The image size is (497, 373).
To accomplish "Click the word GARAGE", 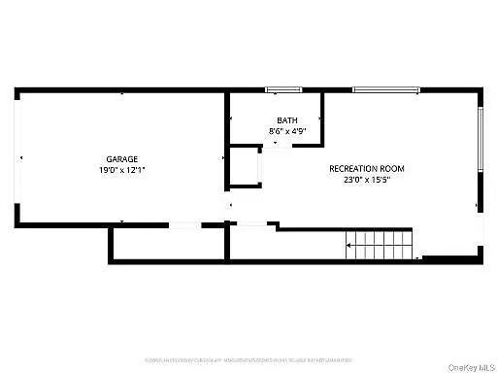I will coord(122,158).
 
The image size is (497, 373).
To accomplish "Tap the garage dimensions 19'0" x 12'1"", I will coord(122,170).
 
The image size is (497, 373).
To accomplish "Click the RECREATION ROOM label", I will coord(367,168).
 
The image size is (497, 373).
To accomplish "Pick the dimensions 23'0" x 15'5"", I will coord(367,180).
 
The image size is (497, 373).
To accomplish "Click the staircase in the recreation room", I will coord(381,244).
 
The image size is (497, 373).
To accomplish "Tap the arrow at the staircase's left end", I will coord(349,246).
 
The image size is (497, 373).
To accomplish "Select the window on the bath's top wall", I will coord(282,90).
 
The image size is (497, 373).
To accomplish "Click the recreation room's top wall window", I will coord(385,90).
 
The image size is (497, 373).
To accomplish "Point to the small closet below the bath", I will coord(245,167).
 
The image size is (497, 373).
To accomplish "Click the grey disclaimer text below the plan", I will coord(248,359).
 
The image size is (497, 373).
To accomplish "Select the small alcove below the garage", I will coord(166,245).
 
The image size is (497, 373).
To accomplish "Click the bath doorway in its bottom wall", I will coord(279,145).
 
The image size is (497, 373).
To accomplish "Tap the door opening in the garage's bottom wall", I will coord(184,226).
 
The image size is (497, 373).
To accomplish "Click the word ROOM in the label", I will coord(393,168).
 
